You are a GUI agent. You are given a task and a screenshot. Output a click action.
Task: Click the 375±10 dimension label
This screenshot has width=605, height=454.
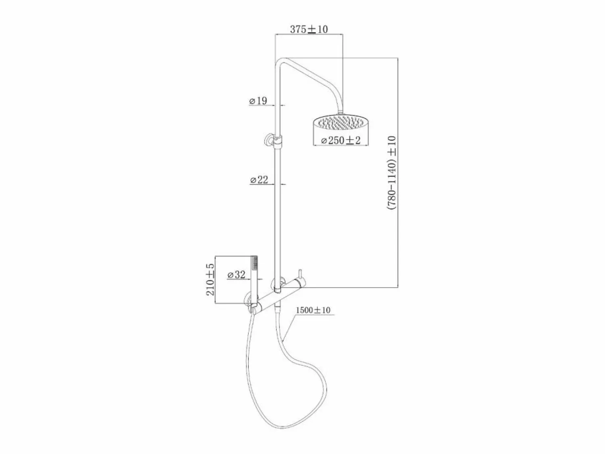tap(309, 29)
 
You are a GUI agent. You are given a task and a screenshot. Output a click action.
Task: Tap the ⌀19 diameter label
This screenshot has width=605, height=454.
tap(258, 101)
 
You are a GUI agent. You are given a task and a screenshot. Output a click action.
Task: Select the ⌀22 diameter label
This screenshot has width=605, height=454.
tap(259, 180)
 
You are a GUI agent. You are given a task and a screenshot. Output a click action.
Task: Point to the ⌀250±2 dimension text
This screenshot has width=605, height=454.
tap(341, 140)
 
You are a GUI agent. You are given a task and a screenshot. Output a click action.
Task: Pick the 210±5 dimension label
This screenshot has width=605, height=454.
tap(210, 279)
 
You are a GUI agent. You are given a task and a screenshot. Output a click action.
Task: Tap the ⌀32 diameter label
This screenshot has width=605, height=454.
tap(236, 275)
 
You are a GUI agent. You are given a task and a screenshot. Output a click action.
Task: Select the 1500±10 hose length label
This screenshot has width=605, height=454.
tap(313, 310)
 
